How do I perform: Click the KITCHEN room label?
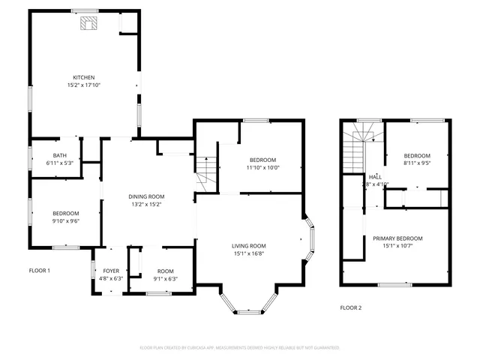point(82,77)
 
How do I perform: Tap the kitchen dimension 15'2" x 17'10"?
point(82,85)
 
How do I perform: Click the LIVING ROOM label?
point(247,246)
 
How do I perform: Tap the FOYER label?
point(110,271)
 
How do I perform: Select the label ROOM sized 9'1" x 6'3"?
point(165,271)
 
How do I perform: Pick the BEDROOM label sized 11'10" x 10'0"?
point(263,160)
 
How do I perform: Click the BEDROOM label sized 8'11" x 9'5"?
point(417,155)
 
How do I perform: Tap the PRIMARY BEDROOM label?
point(397,238)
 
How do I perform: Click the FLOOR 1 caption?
point(39,270)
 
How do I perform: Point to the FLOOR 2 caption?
point(350,307)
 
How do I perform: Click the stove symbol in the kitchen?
point(89,22)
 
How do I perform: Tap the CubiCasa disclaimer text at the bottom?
point(240,348)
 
